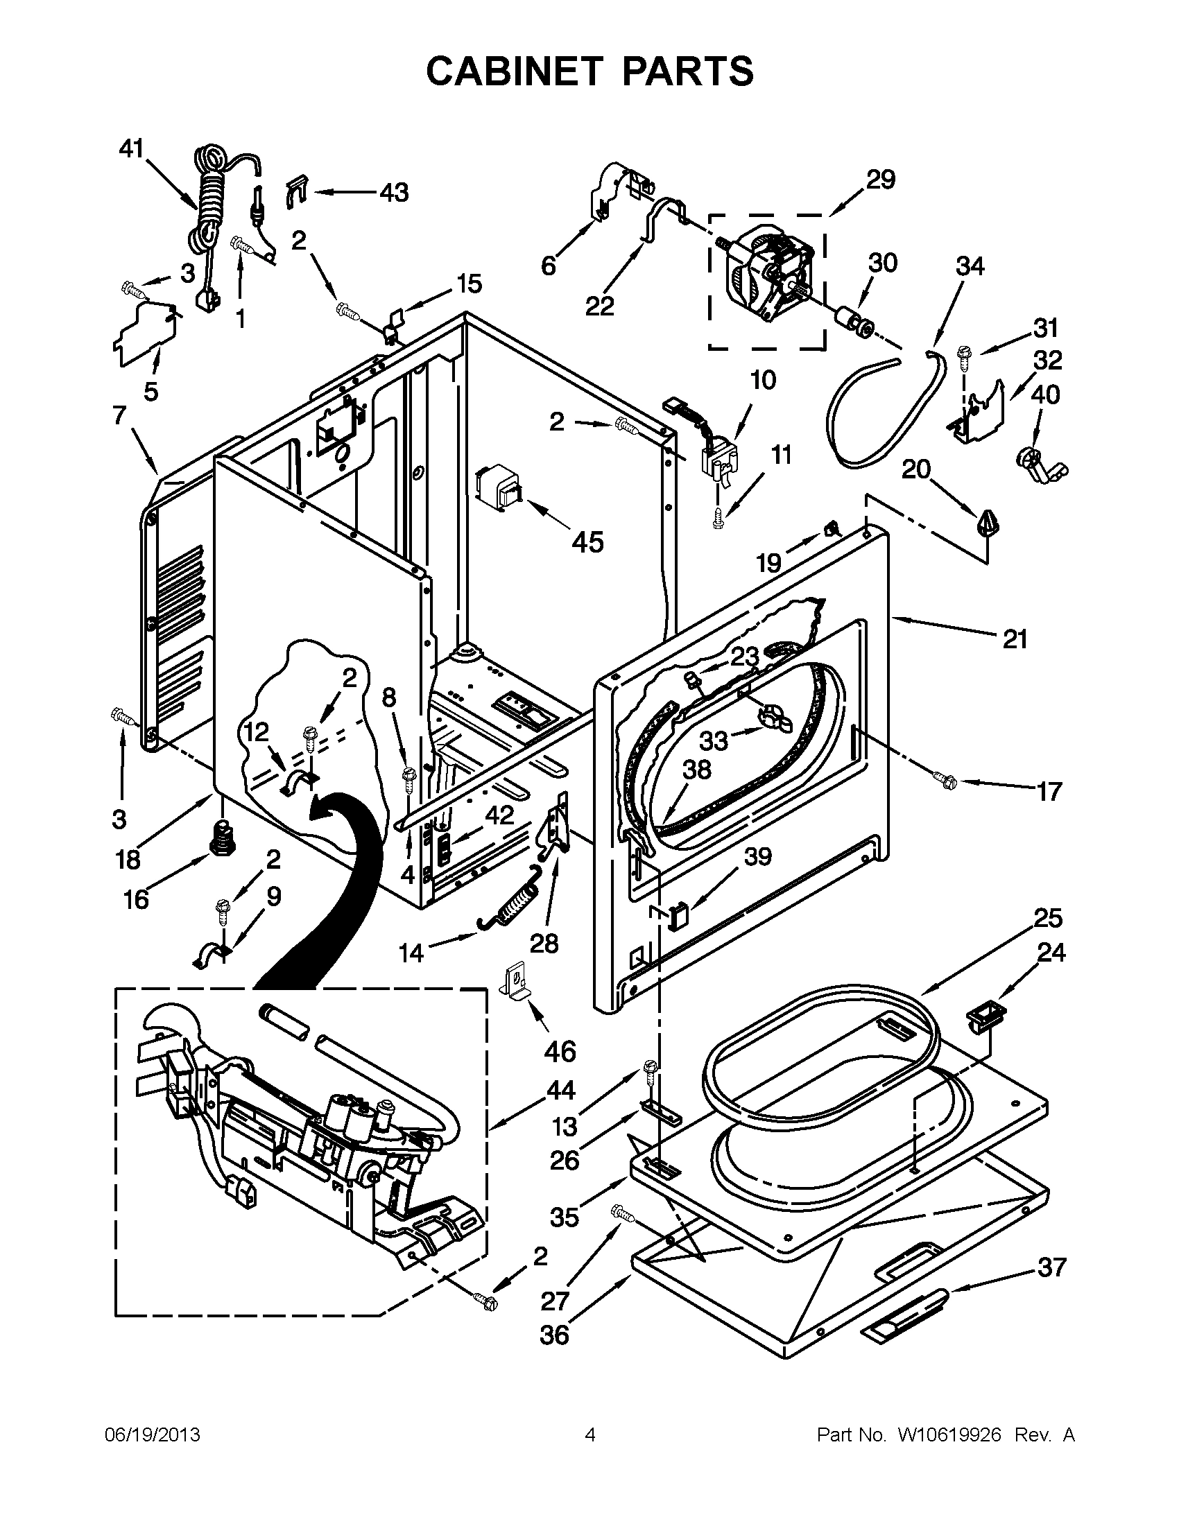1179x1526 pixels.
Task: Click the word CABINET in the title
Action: point(515,71)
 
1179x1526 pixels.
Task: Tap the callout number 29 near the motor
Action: point(881,180)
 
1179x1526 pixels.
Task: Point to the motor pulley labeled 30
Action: point(854,322)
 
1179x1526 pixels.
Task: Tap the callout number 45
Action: point(587,541)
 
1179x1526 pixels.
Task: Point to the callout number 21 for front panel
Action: point(1014,638)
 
